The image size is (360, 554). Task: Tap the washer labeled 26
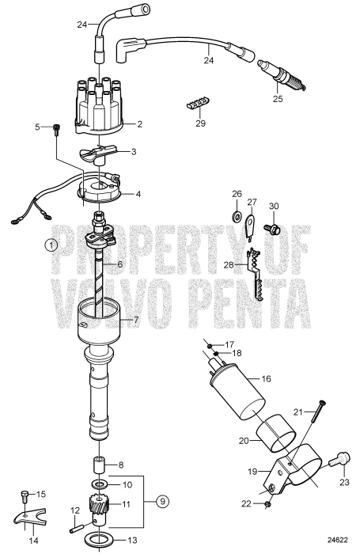pyautogui.click(x=237, y=216)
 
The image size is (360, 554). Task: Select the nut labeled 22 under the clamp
pyautogui.click(x=269, y=503)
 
